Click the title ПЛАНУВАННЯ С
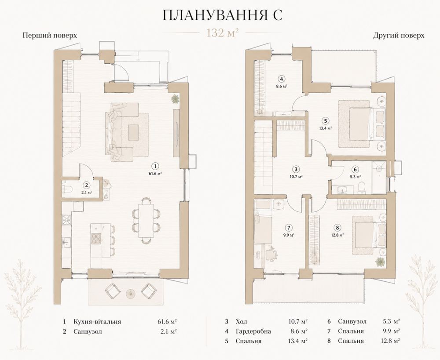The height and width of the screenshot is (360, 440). pos(222,15)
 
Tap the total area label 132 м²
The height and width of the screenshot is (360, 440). pos(223,33)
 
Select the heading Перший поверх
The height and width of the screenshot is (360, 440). pos(50,36)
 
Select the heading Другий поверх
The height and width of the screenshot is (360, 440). pos(399,36)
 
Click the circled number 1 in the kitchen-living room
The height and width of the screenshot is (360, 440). pos(156,166)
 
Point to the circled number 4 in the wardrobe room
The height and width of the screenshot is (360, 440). pos(282,79)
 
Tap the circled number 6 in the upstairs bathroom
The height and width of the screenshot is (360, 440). pos(355,169)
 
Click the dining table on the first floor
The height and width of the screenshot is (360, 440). pos(146,220)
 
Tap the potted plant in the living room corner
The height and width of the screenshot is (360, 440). pos(176,99)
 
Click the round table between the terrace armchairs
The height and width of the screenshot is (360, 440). pos(130,293)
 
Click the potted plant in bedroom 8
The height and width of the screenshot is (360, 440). pos(380,262)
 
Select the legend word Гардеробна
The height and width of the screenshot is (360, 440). pos(253,331)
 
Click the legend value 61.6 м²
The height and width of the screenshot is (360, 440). pos(167,322)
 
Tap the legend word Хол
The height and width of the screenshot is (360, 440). pos(242,322)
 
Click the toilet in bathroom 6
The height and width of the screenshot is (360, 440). pos(362,188)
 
